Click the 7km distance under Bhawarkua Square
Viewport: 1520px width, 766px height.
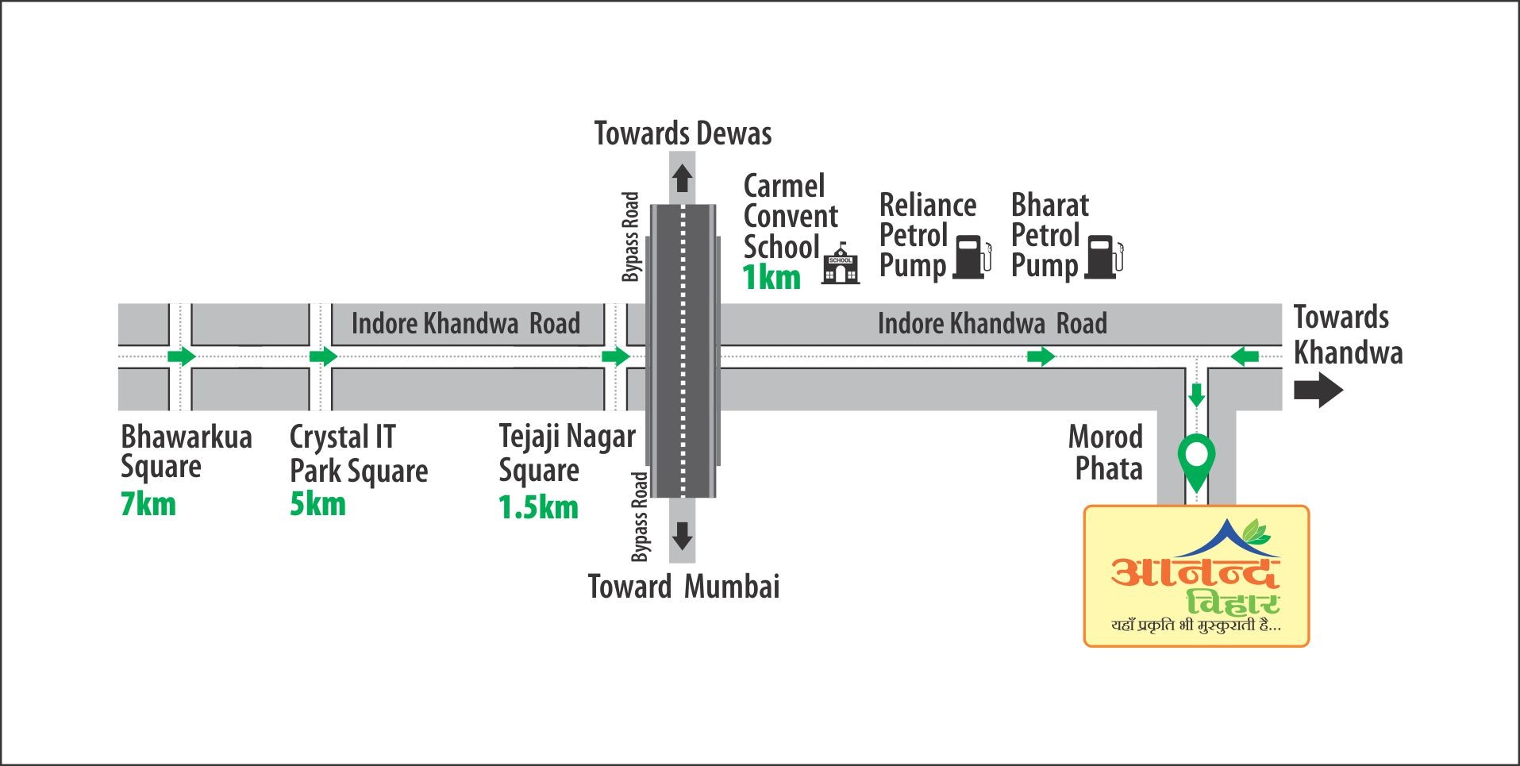point(148,504)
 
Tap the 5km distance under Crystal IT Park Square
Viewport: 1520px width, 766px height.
point(317,504)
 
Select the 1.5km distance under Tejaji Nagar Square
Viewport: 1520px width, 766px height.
point(538,507)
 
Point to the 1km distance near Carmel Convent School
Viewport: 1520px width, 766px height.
point(772,278)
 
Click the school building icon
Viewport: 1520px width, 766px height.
point(841,263)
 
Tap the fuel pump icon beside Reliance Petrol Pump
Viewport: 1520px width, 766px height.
point(972,256)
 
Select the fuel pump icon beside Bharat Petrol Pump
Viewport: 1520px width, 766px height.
point(1104,256)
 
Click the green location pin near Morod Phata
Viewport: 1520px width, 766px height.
point(1195,463)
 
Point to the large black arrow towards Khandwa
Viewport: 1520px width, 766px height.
point(1318,391)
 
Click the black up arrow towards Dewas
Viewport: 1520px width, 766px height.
point(682,178)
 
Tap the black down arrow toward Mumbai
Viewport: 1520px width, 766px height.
point(682,537)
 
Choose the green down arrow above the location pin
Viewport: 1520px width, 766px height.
point(1196,395)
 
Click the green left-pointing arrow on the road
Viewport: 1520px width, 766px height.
point(1245,356)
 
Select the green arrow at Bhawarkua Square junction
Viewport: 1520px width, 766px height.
point(182,356)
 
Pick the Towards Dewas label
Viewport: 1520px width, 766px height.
point(683,133)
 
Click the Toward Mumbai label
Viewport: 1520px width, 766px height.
point(683,587)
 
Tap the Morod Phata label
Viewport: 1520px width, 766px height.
point(1106,452)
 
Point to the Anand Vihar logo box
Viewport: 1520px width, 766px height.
point(1196,576)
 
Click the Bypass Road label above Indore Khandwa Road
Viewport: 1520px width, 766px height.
point(631,237)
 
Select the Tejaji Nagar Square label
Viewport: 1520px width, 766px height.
point(568,454)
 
